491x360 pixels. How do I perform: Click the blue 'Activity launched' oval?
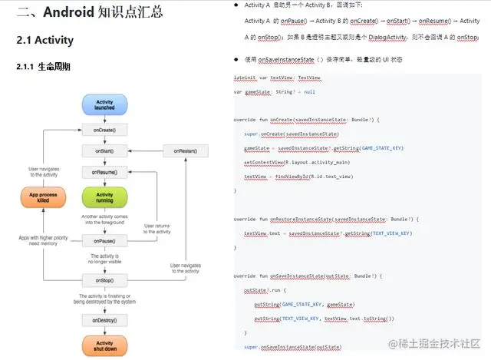105,106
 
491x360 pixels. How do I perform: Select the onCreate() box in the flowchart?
105,130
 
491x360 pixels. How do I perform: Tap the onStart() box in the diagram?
105,151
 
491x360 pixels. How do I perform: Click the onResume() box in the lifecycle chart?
105,173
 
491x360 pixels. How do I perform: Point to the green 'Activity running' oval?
105,198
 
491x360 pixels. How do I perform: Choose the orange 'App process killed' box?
38,197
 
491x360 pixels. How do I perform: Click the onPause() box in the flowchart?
105,241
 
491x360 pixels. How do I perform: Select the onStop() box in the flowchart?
105,280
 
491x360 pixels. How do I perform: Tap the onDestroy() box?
105,319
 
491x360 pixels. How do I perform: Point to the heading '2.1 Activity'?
45,40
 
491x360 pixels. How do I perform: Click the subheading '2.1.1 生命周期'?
44,67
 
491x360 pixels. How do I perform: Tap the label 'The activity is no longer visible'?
105,259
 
